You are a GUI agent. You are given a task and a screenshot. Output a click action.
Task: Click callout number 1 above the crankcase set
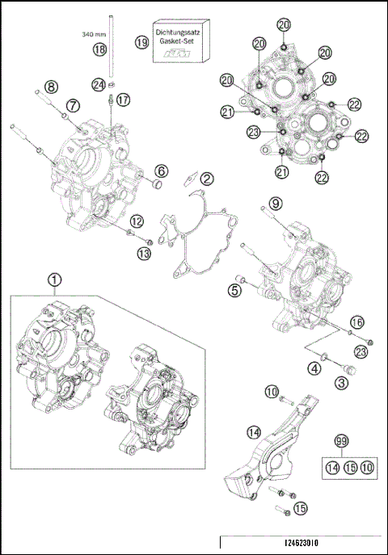[x=54, y=280]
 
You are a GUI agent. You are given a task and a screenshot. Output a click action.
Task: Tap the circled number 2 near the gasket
[x=207, y=179]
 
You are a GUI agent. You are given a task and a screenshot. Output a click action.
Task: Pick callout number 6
[x=162, y=170]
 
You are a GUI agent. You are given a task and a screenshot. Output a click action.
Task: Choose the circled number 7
[x=73, y=105]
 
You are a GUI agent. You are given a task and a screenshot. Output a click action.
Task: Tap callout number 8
[x=51, y=86]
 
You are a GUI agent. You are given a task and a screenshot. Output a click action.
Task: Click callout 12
[x=137, y=221]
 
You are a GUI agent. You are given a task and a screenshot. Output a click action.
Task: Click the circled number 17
[x=122, y=99]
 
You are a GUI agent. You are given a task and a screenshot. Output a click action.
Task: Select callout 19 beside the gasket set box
[x=142, y=42]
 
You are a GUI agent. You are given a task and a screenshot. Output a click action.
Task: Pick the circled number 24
[x=99, y=83]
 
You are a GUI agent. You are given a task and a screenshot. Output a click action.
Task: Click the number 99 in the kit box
[x=341, y=440]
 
